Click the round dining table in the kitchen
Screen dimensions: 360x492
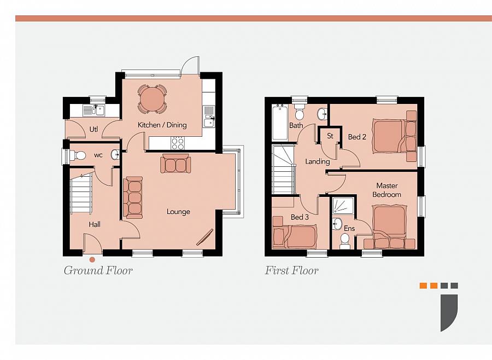pyautogui.click(x=152, y=99)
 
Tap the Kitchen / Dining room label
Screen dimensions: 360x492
pyautogui.click(x=162, y=125)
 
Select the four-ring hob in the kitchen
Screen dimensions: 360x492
pyautogui.click(x=178, y=143)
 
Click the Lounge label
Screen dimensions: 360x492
pyautogui.click(x=178, y=212)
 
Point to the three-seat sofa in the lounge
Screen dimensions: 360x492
pyautogui.click(x=133, y=198)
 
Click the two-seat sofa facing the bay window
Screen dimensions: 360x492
pyautogui.click(x=175, y=164)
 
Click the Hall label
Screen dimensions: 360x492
pyautogui.click(x=95, y=224)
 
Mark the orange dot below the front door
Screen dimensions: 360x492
pyautogui.click(x=92, y=260)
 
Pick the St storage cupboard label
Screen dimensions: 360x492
pyautogui.click(x=330, y=136)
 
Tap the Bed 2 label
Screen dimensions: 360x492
pyautogui.click(x=357, y=137)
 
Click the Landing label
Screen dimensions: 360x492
pyautogui.click(x=317, y=161)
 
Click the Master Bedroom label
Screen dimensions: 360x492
pyautogui.click(x=386, y=190)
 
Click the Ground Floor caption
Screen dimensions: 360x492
pyautogui.click(x=98, y=270)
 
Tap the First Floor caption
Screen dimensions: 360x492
pyautogui.click(x=291, y=270)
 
